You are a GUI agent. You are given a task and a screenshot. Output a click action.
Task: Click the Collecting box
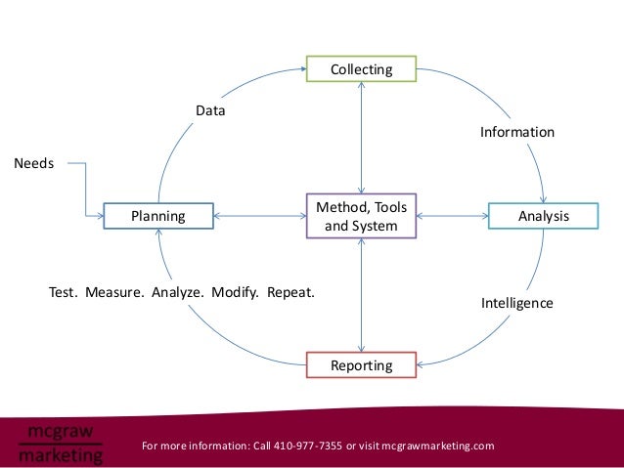point(362,69)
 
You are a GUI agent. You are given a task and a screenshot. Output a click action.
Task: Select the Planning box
point(158,215)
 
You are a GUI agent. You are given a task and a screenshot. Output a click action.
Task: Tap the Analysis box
point(543,215)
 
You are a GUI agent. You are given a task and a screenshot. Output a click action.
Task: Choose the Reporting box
point(362,365)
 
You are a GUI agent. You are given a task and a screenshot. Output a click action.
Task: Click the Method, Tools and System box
point(362,216)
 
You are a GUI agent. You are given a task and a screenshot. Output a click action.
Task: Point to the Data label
point(210,111)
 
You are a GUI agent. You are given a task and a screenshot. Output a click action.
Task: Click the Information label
point(516,132)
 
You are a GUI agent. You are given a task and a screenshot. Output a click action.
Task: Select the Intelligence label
point(516,304)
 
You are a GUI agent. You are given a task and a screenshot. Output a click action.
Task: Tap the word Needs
point(33,163)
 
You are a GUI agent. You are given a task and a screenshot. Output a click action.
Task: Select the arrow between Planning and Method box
point(259,215)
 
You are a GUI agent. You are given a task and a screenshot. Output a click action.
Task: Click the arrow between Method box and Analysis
point(452,215)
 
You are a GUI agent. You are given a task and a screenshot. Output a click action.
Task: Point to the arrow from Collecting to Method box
point(362,137)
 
